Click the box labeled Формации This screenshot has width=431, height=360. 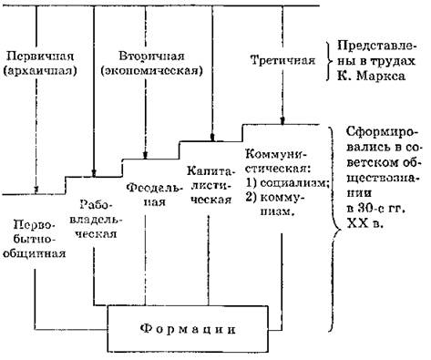click(188, 329)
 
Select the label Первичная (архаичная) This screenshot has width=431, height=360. click(40, 64)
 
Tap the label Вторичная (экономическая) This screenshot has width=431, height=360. click(151, 64)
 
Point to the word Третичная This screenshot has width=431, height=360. click(282, 60)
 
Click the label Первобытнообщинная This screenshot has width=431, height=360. click(35, 239)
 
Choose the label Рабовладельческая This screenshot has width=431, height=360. click(96, 219)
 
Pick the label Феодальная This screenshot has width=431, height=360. click(154, 194)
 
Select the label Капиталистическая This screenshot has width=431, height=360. click(209, 185)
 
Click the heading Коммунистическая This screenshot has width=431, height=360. click(277, 161)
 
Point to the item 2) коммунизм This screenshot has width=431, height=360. click(275, 204)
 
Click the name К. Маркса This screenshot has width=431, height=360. click(371, 76)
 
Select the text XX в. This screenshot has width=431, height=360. click(364, 223)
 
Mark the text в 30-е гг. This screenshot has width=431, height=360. click(376, 209)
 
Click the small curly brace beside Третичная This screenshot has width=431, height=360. click(329, 61)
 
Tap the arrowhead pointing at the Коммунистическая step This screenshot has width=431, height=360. click(282, 121)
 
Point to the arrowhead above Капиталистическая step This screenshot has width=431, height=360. click(212, 138)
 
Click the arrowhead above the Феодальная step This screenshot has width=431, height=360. click(145, 155)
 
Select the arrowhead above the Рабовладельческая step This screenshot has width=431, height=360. click(94, 173)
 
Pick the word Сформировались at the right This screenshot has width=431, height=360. click(382, 139)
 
